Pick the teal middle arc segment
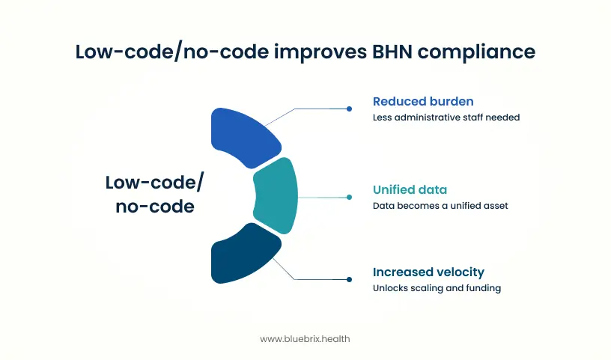[275, 197]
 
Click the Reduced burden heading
[422, 101]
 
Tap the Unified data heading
[410, 190]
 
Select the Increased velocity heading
[429, 272]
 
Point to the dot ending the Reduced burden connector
[350, 109]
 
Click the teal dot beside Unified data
[350, 198]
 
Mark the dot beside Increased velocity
[350, 279]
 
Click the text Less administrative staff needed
[446, 118]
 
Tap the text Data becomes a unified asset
[440, 206]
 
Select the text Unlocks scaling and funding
[437, 288]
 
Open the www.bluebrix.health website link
[305, 339]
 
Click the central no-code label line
[155, 207]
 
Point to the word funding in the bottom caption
[484, 288]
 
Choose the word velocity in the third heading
[458, 272]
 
